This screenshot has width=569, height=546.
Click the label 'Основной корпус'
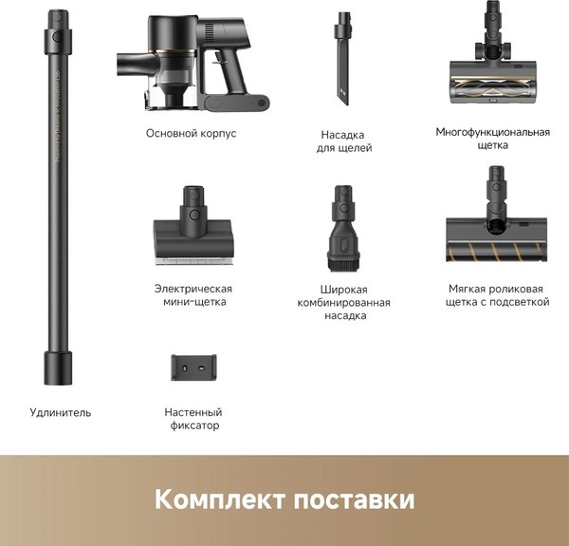point(192,134)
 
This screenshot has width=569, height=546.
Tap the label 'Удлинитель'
point(60,412)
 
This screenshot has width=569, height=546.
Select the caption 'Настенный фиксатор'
point(193,419)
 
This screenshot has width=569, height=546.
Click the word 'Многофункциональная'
point(492,132)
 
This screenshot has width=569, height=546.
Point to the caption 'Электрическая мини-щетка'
point(193,295)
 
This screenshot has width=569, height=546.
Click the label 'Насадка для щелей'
point(343,141)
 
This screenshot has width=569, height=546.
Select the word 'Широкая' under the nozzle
point(343,289)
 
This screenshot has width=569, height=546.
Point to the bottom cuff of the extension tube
point(56,367)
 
